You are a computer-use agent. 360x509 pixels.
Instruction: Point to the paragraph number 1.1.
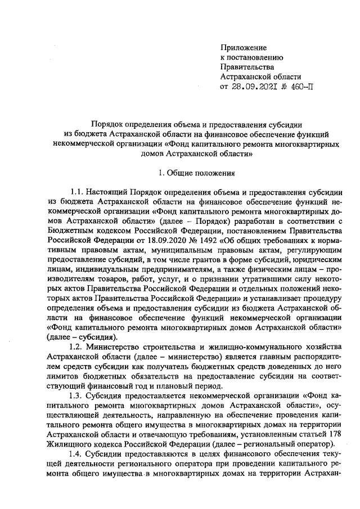(x=78, y=192)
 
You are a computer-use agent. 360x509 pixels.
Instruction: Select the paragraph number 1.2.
(x=78, y=348)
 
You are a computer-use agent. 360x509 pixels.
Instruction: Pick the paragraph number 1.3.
(x=78, y=396)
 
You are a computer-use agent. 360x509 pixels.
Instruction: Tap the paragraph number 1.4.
(x=78, y=454)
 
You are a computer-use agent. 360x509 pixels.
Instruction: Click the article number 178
(x=334, y=435)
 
